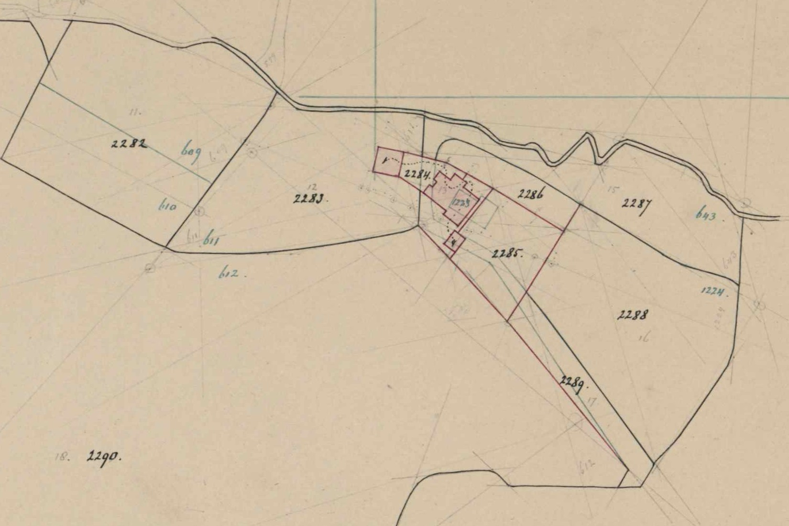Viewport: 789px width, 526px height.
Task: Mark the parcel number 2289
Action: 572,383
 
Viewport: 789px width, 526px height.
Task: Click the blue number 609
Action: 192,153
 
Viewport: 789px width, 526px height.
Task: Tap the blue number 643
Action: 706,216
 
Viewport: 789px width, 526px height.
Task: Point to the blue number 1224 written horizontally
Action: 714,292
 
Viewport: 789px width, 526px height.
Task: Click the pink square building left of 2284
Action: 388,162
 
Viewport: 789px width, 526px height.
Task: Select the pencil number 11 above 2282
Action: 134,113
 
